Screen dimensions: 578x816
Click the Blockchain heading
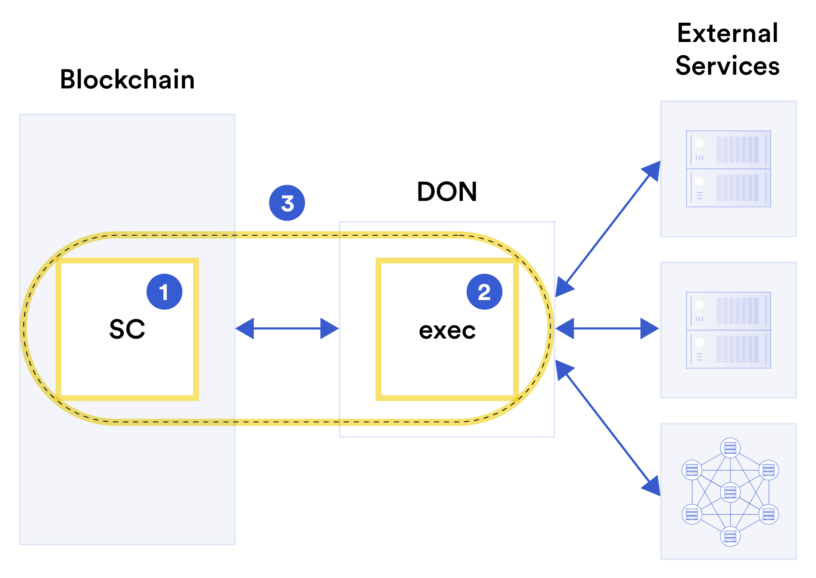(x=127, y=79)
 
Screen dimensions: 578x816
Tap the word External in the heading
(x=727, y=33)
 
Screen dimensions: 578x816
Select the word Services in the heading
(x=727, y=66)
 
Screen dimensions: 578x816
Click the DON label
(x=446, y=192)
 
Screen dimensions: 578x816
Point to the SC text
(x=127, y=329)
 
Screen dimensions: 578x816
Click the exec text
(x=447, y=331)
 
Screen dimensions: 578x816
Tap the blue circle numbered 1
(x=164, y=292)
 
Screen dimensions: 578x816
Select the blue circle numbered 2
(x=484, y=292)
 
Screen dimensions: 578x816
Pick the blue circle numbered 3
(x=287, y=203)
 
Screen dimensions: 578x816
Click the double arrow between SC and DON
(x=287, y=329)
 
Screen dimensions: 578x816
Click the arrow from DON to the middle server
(x=607, y=329)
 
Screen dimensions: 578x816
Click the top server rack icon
(x=728, y=169)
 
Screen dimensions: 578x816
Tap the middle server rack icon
(x=728, y=330)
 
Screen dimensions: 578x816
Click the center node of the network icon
(x=730, y=493)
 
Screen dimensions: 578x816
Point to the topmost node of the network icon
(x=730, y=448)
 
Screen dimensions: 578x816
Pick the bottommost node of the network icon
(x=730, y=536)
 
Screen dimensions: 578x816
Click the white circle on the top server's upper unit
(x=699, y=143)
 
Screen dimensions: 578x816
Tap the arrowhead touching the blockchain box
(x=245, y=329)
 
